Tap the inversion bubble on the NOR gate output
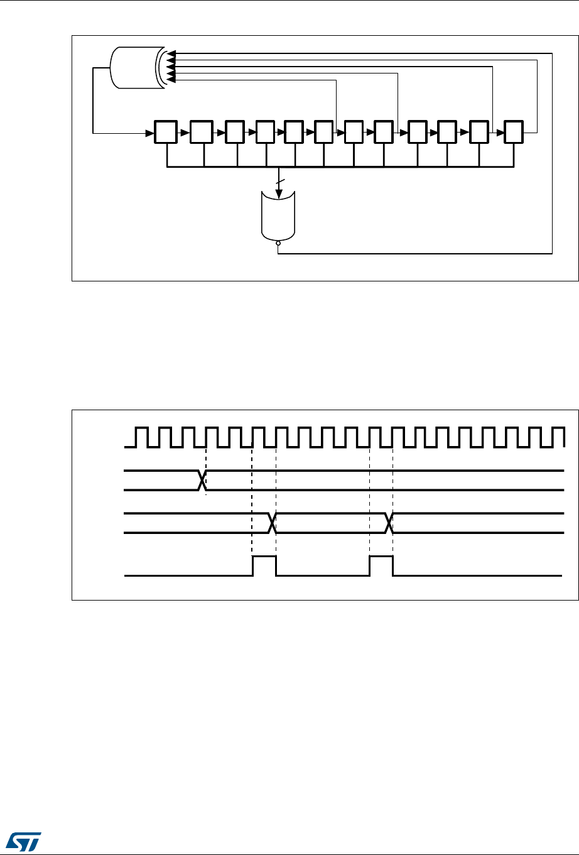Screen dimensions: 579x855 tap(278, 250)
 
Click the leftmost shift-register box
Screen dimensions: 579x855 tap(166, 133)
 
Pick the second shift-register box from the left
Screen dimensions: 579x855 tap(202, 133)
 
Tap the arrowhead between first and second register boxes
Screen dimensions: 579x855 tap(186, 133)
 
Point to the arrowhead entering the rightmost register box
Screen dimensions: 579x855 tap(500, 133)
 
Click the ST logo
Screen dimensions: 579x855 tap(23, 839)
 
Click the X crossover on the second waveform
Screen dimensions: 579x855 tap(202, 480)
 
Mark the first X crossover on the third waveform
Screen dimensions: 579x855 tap(273, 523)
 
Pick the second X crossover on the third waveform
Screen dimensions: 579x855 tap(389, 523)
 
